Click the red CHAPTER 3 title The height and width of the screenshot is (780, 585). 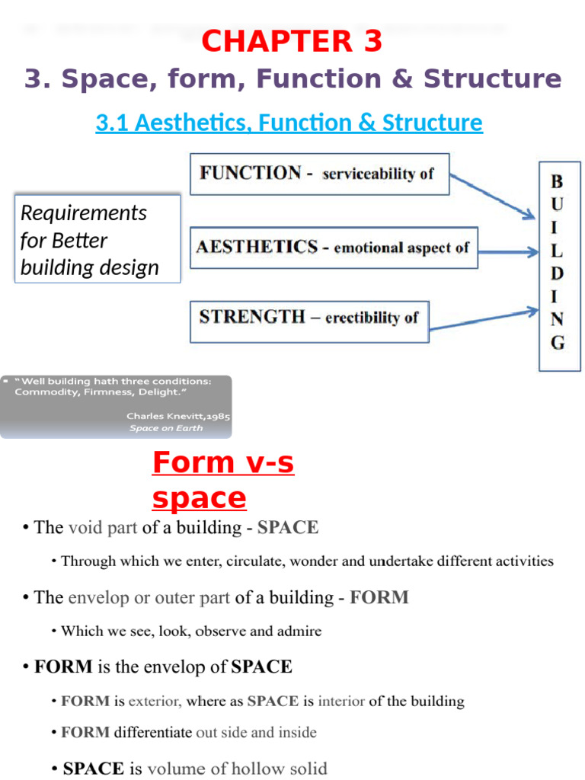292,42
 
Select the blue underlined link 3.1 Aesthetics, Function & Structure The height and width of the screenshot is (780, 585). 289,123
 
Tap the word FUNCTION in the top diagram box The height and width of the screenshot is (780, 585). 250,173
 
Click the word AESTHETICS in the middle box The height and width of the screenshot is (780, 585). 257,247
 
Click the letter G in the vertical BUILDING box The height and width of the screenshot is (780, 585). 558,344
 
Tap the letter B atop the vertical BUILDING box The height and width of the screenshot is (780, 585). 558,181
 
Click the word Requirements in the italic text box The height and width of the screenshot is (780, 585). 84,213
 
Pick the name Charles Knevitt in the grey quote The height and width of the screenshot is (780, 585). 170,417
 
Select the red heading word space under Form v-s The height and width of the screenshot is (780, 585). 199,498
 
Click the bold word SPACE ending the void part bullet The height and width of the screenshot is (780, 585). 288,527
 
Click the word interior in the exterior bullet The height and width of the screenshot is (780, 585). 341,701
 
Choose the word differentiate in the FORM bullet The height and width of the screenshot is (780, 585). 153,733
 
